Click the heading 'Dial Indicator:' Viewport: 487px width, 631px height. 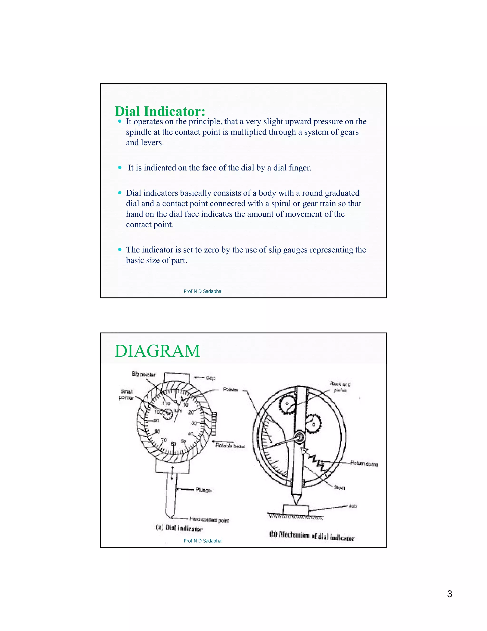coord(160,111)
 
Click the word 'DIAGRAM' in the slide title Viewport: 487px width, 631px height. coord(157,351)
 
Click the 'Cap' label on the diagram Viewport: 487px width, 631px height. coord(210,378)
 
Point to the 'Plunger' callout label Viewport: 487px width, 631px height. coord(204,490)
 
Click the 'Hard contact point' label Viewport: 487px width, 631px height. coord(209,520)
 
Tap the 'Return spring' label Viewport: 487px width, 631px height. coord(364,463)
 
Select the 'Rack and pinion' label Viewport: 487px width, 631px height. coord(340,387)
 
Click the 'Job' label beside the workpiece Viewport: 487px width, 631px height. coord(353,506)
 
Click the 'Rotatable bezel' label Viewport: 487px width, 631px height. coord(230,446)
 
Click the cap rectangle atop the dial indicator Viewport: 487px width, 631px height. coord(177,377)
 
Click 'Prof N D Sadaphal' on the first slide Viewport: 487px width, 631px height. coord(203,291)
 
